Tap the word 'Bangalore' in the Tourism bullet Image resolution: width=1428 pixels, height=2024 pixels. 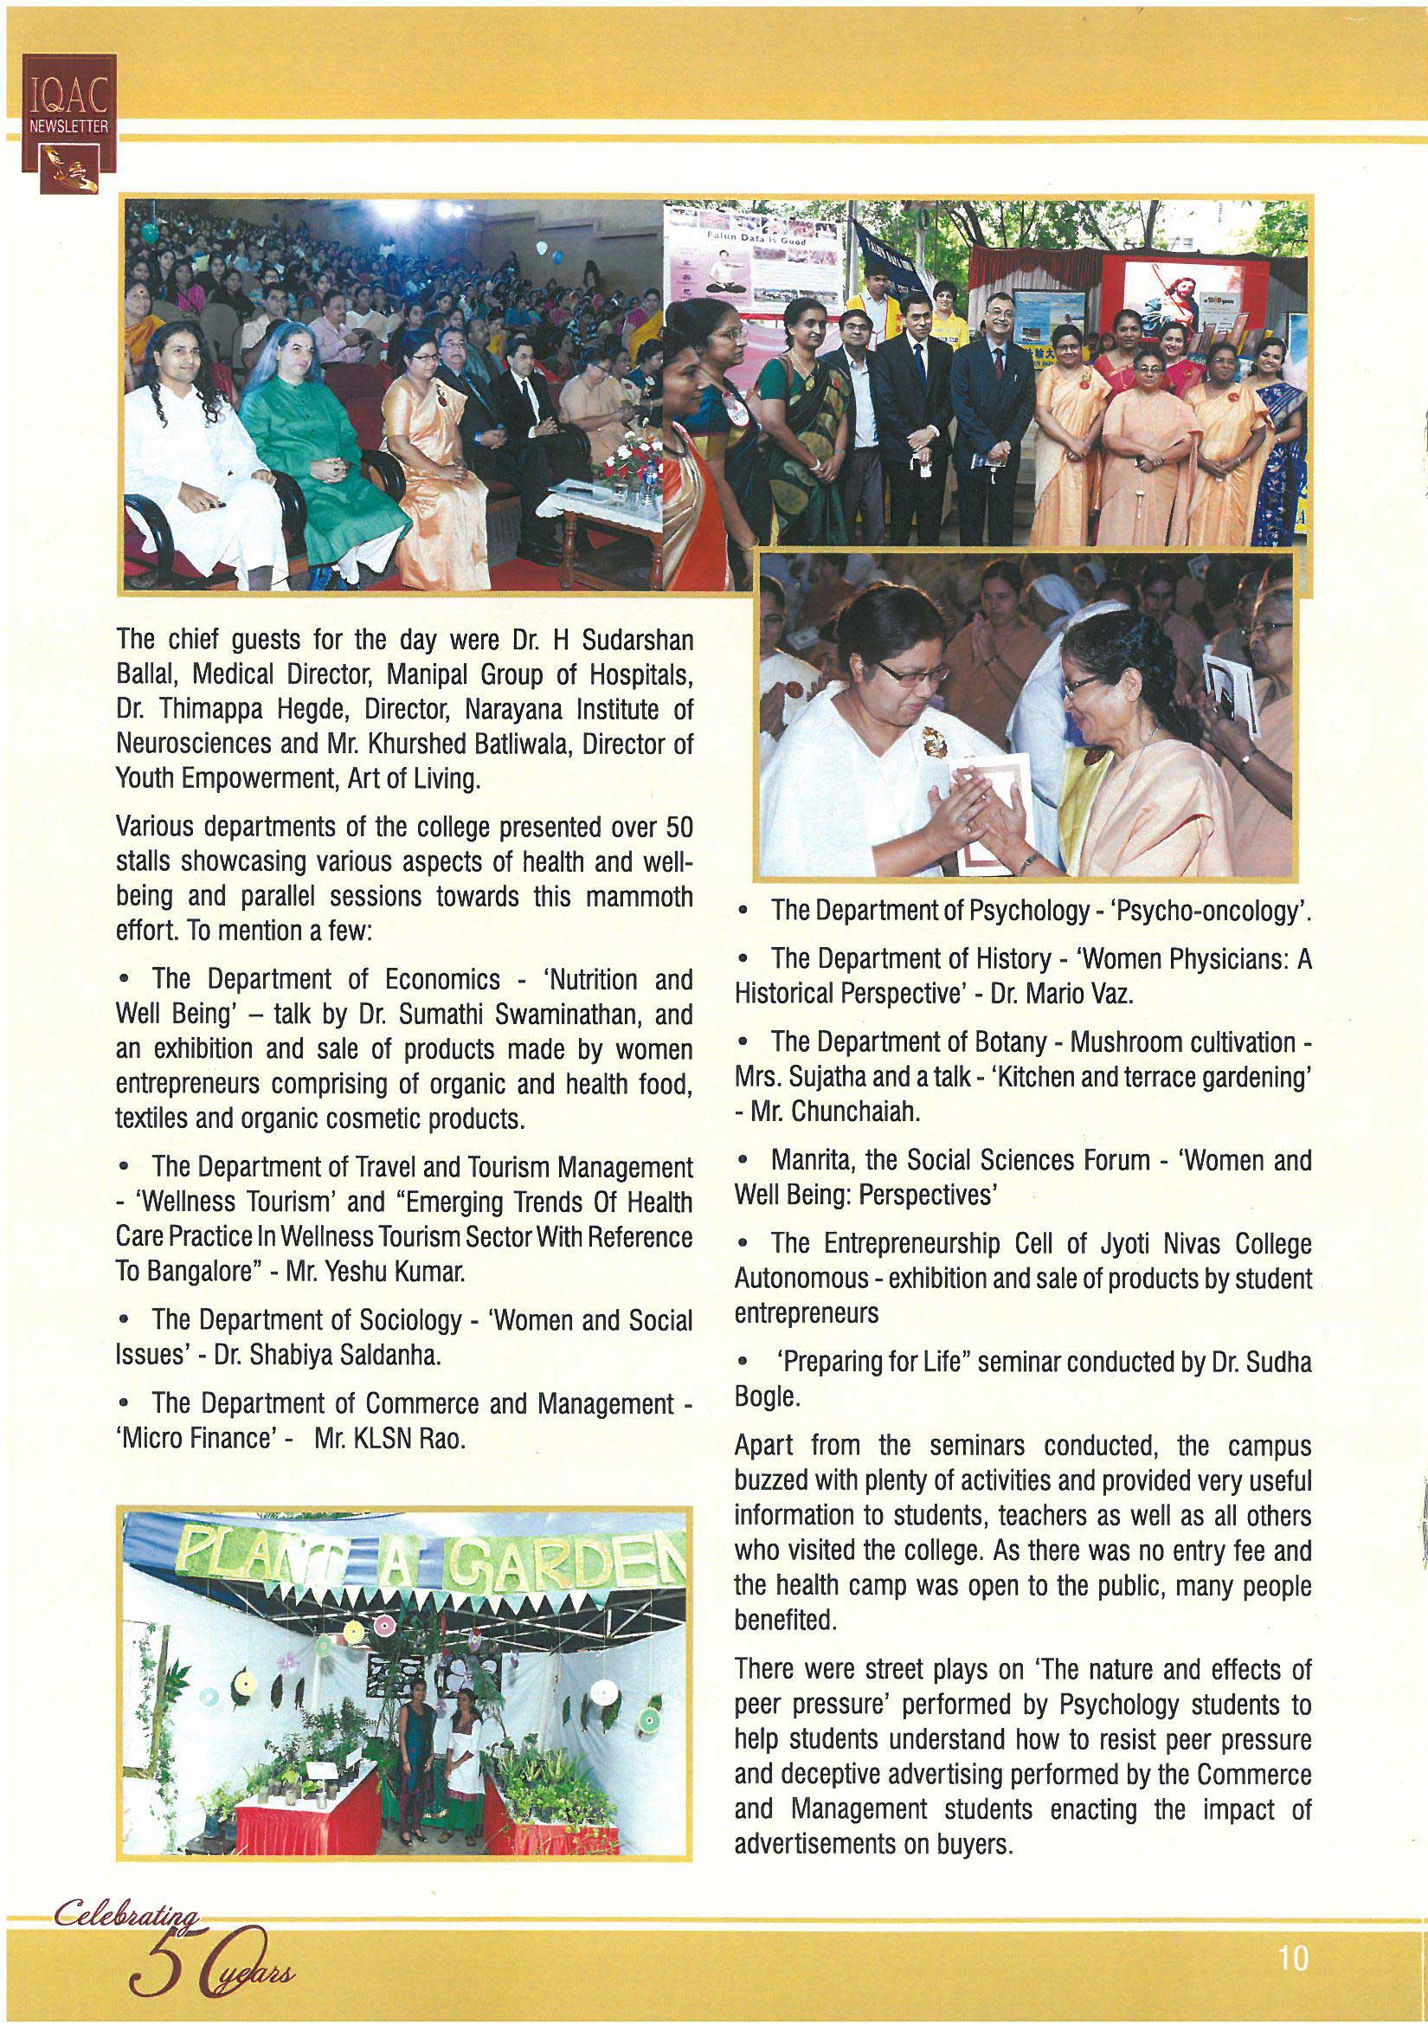click(204, 1273)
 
